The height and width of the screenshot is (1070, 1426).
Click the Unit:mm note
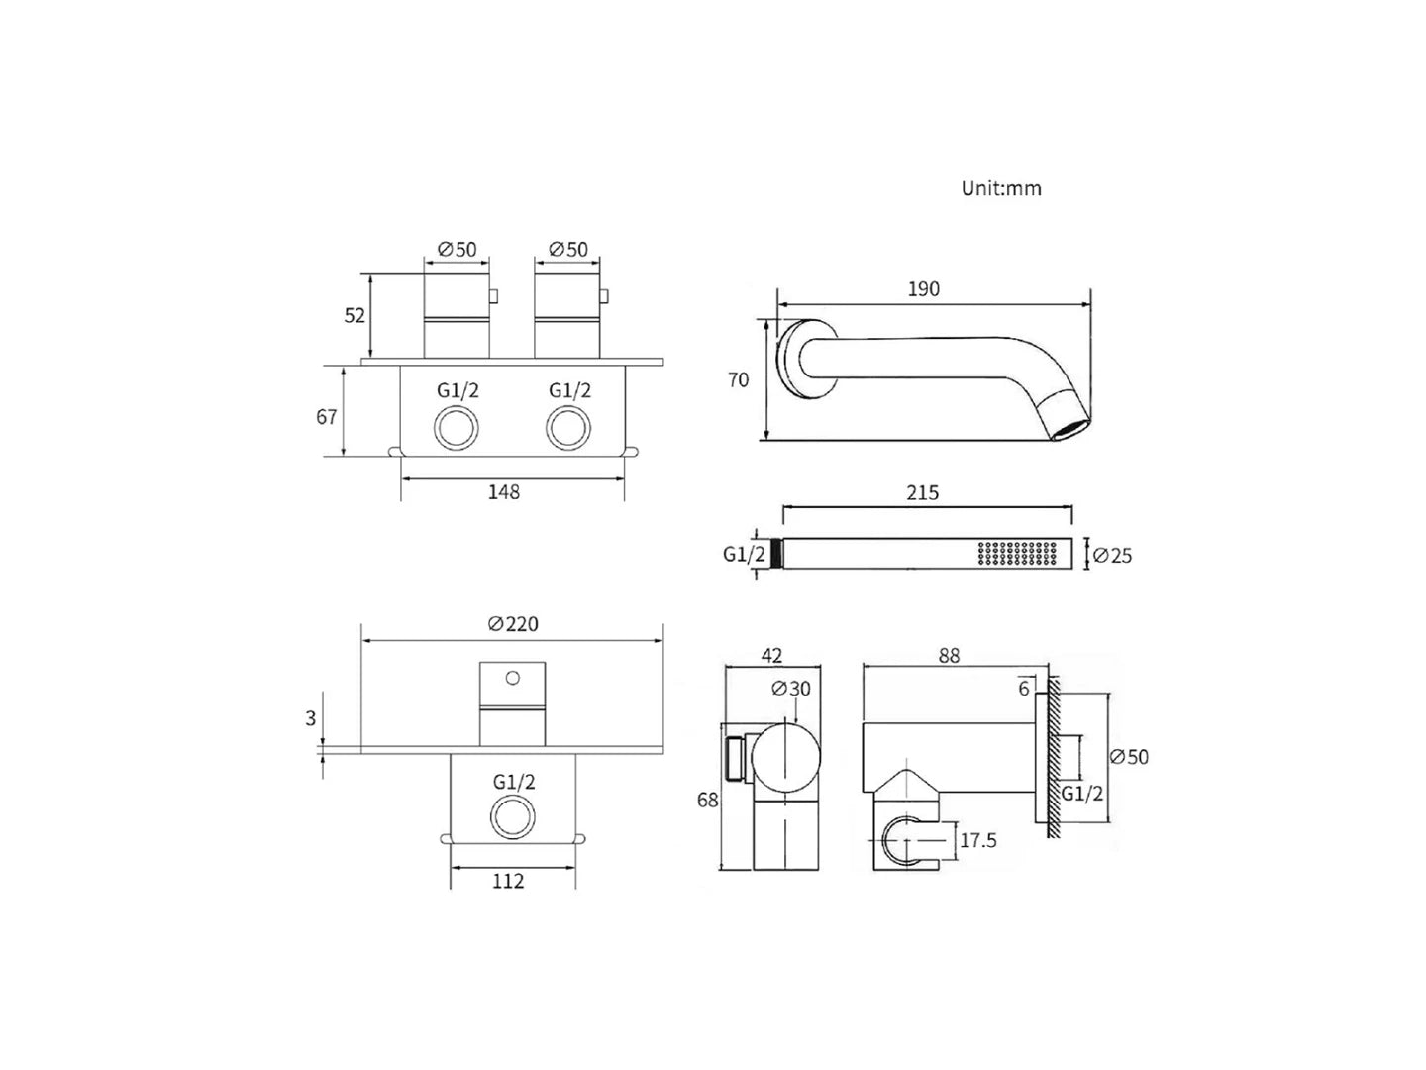click(1001, 188)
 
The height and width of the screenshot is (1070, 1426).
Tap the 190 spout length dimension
click(923, 289)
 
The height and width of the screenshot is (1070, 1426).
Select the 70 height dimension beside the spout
click(739, 379)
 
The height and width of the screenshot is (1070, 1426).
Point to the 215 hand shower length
click(922, 492)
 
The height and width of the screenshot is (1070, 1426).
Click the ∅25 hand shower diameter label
click(1112, 556)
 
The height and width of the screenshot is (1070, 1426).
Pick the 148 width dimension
click(504, 491)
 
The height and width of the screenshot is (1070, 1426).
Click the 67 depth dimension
click(328, 417)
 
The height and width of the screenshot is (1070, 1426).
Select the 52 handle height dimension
click(356, 315)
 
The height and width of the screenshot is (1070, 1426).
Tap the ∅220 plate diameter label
click(513, 624)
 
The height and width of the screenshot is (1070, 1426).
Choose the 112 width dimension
click(508, 880)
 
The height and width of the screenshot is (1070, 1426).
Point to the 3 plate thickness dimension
click(310, 718)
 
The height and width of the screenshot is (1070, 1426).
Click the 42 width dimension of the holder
click(772, 655)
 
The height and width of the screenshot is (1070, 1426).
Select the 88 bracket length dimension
click(948, 656)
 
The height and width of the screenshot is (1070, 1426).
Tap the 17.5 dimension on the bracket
click(978, 841)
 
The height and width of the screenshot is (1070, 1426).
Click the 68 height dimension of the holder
click(707, 800)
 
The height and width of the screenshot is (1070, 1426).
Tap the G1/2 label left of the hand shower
click(744, 555)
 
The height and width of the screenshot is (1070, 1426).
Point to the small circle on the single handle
click(512, 678)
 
